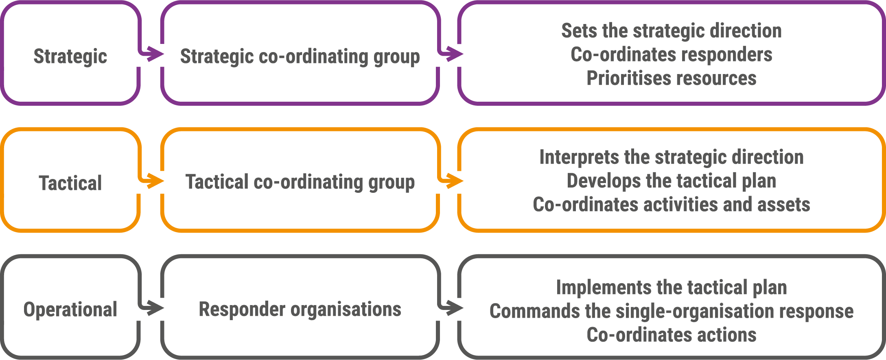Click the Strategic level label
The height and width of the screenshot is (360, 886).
pyautogui.click(x=70, y=57)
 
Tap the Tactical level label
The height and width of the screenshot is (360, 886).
pyautogui.click(x=70, y=183)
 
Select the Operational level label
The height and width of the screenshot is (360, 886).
pyautogui.click(x=70, y=310)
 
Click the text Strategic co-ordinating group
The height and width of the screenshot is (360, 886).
pyautogui.click(x=300, y=57)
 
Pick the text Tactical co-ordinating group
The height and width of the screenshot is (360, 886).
pyautogui.click(x=300, y=182)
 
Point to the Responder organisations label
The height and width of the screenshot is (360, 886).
pyautogui.click(x=300, y=309)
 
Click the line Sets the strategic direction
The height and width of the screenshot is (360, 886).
pyautogui.click(x=672, y=31)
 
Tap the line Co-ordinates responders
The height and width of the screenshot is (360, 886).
pyautogui.click(x=672, y=55)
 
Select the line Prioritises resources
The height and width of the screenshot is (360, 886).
pyautogui.click(x=672, y=78)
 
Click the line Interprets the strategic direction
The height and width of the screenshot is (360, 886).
pyautogui.click(x=672, y=157)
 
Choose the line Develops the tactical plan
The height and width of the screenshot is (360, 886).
pyautogui.click(x=672, y=181)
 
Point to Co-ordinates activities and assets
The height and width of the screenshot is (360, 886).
pyautogui.click(x=672, y=205)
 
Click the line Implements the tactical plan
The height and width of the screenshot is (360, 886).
pyautogui.click(x=672, y=288)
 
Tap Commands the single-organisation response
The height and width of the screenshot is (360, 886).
pyautogui.click(x=672, y=311)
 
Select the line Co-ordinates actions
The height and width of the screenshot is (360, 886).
pyautogui.click(x=672, y=335)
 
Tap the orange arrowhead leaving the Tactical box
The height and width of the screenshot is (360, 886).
pyautogui.click(x=156, y=181)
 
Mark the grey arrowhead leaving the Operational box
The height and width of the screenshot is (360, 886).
pyautogui.click(x=156, y=308)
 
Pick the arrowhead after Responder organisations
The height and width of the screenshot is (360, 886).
pyautogui.click(x=455, y=308)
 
